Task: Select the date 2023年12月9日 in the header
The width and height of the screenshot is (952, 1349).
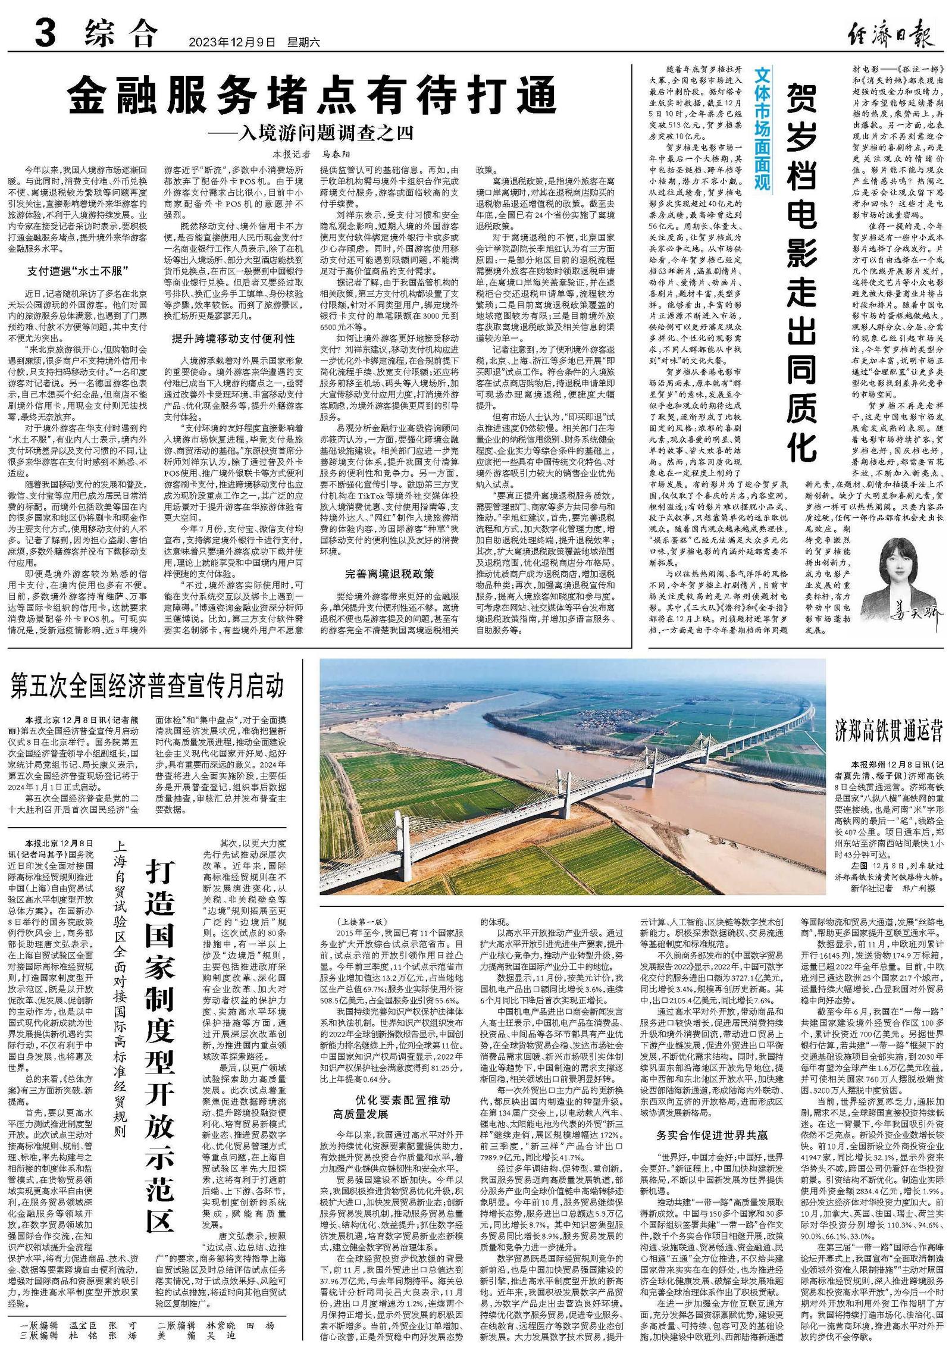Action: (x=233, y=42)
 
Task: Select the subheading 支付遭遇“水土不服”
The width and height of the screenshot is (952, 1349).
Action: (x=79, y=271)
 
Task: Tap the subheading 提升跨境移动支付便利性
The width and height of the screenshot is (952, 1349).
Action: (x=233, y=339)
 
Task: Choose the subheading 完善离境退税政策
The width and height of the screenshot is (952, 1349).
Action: (x=390, y=574)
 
